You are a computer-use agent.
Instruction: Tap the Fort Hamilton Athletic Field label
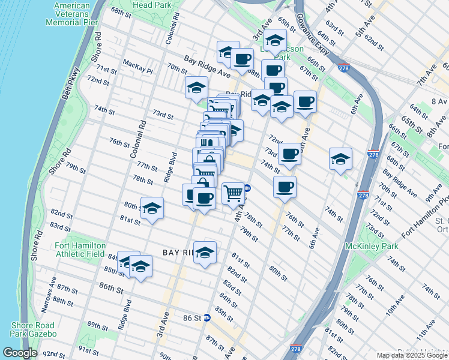coord(80,250)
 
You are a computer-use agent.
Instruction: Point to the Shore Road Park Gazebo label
coord(33,329)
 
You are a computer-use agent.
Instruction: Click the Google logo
coord(19,353)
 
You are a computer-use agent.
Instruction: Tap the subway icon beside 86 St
coord(207,317)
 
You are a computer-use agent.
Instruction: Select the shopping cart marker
coord(233,193)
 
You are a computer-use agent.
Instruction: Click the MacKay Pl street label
coord(137,63)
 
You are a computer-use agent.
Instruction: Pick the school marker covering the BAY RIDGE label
coord(205,252)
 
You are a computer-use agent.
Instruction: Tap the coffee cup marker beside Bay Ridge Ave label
coord(242,59)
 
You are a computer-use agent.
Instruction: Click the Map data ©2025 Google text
coord(412,355)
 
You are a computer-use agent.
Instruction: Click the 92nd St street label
coord(53,354)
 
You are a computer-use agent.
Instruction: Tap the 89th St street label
coord(97,325)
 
